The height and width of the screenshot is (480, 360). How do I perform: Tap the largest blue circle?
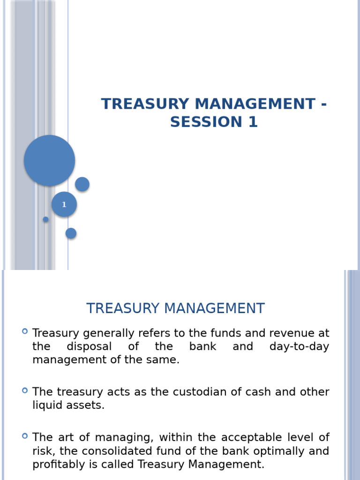[49, 160]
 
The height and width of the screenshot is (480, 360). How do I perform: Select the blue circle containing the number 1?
[64, 204]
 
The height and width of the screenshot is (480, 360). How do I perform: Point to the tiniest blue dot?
[45, 219]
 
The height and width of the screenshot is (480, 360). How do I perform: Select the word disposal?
[89, 347]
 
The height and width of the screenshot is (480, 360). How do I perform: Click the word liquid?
[47, 405]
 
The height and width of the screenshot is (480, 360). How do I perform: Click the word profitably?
[58, 465]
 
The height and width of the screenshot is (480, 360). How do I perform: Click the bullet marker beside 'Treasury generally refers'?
[25, 332]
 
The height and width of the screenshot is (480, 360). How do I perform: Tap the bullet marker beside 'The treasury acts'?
[25, 390]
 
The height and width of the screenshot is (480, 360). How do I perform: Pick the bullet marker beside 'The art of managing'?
[25, 436]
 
